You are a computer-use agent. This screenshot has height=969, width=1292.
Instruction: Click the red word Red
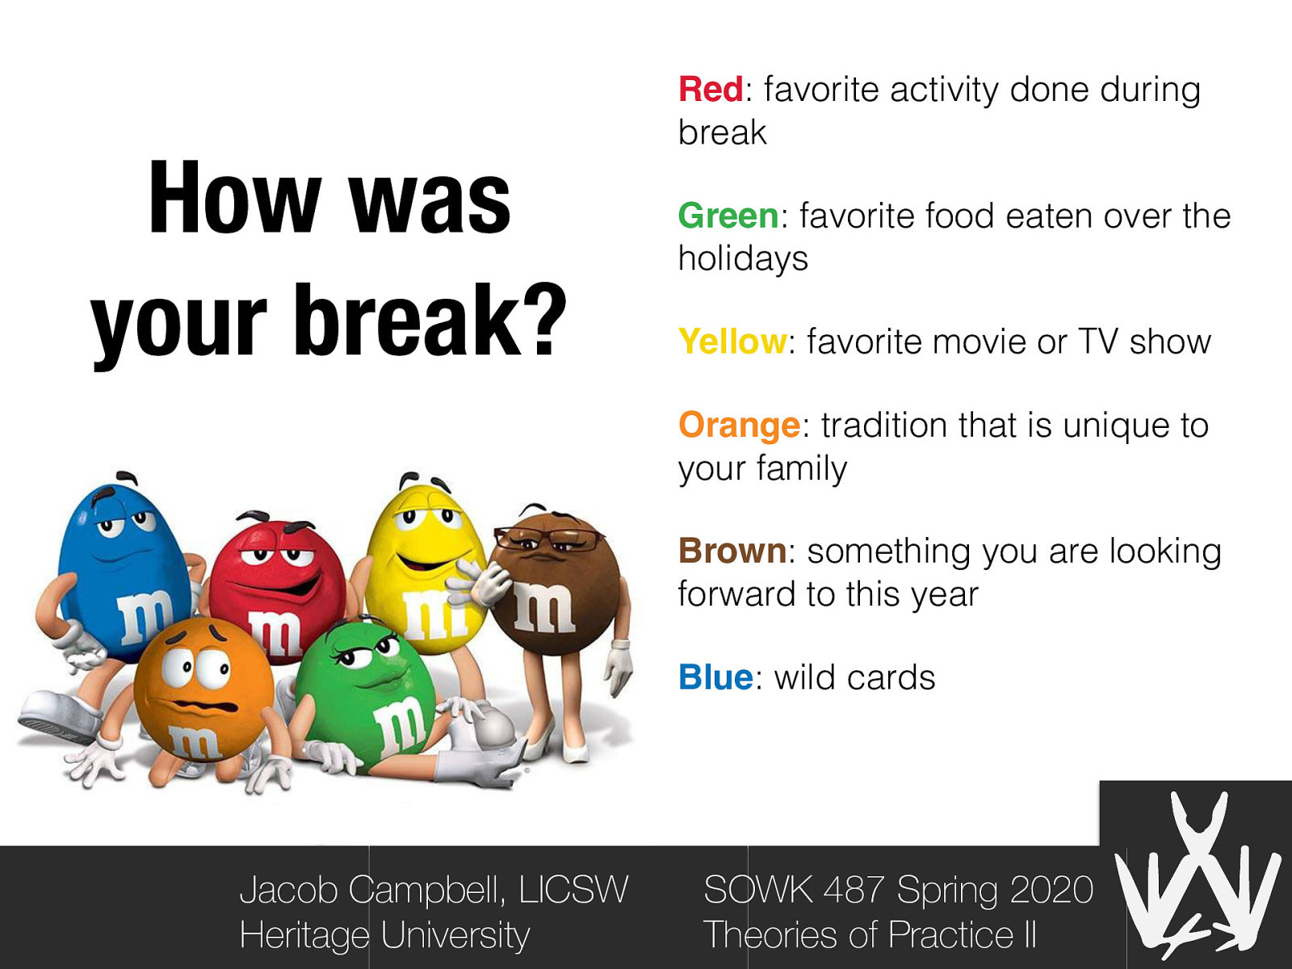pyautogui.click(x=710, y=90)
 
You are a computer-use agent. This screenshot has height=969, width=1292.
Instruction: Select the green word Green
pyautogui.click(x=728, y=216)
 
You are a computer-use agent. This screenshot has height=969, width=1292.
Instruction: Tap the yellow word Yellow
pyautogui.click(x=732, y=342)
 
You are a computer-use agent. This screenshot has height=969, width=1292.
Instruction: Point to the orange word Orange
pyautogui.click(x=739, y=426)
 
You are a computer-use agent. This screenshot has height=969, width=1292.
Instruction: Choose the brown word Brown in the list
pyautogui.click(x=732, y=552)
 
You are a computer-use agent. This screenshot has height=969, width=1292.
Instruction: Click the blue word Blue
pyautogui.click(x=715, y=677)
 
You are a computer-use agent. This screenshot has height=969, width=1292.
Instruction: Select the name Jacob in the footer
pyautogui.click(x=288, y=890)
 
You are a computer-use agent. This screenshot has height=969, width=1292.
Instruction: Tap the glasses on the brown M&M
pyautogui.click(x=549, y=536)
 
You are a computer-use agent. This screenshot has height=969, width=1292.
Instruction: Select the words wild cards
pyautogui.click(x=854, y=677)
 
